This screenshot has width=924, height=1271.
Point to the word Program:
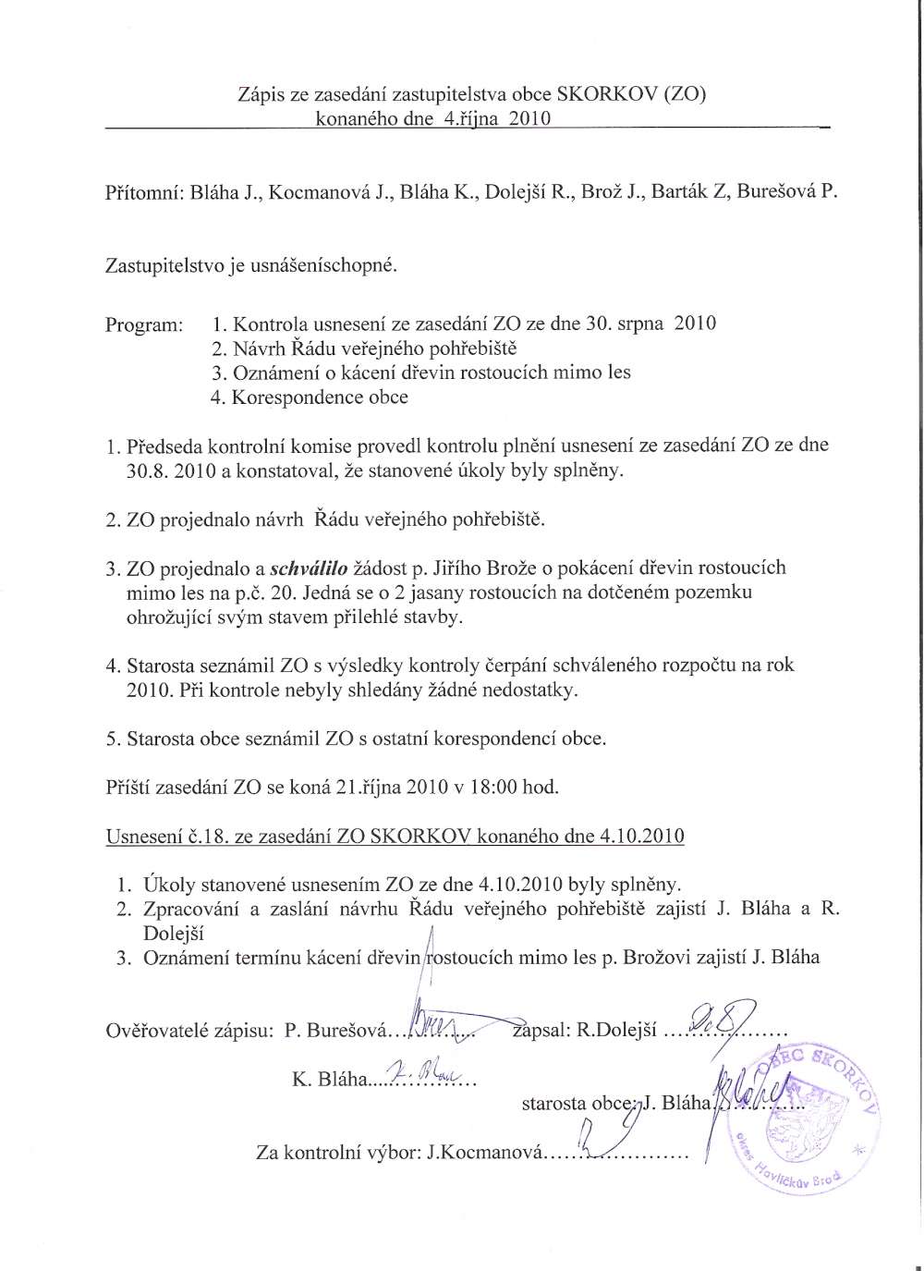pyautogui.click(x=144, y=324)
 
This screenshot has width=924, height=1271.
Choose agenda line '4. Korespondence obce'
pyautogui.click(x=310, y=397)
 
